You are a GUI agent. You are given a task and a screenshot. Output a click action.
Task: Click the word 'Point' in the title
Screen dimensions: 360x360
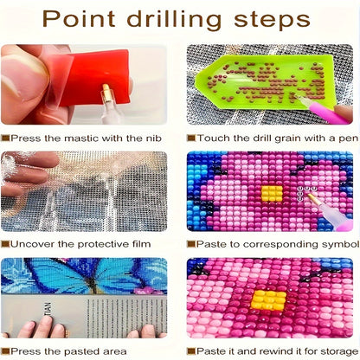(79, 19)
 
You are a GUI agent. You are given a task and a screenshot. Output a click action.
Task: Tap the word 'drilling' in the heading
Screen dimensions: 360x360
(174, 20)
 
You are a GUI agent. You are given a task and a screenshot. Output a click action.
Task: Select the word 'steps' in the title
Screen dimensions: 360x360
(272, 21)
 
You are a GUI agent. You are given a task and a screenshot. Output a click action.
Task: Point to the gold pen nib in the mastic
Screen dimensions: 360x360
(106, 92)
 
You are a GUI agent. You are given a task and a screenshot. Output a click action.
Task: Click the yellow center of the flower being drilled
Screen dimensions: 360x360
(272, 193)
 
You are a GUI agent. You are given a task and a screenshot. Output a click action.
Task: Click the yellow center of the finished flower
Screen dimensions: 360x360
(269, 300)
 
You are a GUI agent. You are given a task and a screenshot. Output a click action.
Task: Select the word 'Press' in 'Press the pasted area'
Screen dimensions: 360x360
(26, 351)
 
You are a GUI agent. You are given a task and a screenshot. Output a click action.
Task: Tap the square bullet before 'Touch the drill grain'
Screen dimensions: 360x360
(190, 138)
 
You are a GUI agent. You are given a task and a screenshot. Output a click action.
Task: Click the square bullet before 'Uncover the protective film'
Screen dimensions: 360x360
(5, 244)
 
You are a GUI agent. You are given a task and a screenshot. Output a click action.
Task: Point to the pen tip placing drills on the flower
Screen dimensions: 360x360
(309, 196)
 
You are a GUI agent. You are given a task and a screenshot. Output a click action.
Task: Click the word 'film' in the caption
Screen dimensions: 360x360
(141, 244)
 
